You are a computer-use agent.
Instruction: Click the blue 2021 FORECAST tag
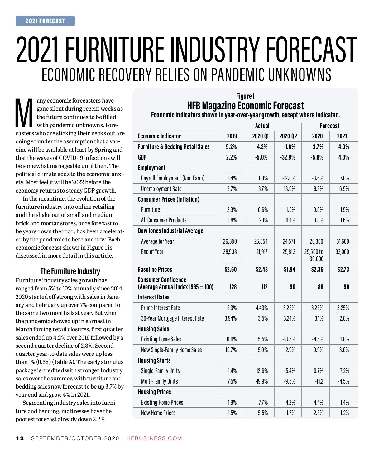click(x=45, y=21)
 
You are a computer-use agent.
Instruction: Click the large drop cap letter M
click(x=24, y=113)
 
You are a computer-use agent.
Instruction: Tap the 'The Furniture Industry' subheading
click(x=70, y=271)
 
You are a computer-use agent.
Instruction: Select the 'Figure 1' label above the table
click(x=245, y=96)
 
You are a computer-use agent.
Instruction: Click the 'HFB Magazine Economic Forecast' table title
click(x=245, y=106)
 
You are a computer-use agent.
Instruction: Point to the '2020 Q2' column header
click(x=288, y=136)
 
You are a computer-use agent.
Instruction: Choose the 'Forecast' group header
click(x=329, y=126)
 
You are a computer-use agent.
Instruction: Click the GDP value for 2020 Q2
click(x=288, y=157)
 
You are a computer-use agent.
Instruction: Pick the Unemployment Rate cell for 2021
click(x=344, y=189)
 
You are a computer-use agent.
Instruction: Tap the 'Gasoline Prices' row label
click(x=155, y=270)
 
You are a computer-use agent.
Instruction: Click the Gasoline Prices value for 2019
click(x=231, y=270)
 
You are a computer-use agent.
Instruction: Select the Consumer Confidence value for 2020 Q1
click(x=264, y=287)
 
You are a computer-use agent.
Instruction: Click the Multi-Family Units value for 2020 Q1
click(x=262, y=381)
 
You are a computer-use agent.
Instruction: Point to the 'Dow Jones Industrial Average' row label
click(x=170, y=231)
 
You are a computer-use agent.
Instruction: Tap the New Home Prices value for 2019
click(x=231, y=413)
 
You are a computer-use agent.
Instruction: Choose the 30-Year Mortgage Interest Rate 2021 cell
click(x=344, y=318)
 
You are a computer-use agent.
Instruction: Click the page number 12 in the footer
click(x=20, y=438)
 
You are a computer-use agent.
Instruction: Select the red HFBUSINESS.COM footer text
click(x=154, y=438)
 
